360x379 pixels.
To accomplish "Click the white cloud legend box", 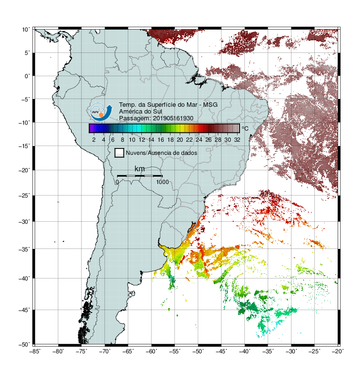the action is click(120, 153).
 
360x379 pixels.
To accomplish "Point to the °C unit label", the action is click(245, 128).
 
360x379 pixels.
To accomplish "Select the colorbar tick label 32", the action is click(237, 140).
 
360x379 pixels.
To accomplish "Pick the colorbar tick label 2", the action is click(94, 140).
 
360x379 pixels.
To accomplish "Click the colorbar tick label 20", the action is click(180, 140).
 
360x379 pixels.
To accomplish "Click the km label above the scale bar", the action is click(139, 169).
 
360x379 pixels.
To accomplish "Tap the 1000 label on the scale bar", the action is click(162, 182).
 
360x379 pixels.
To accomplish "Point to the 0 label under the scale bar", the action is click(117, 182).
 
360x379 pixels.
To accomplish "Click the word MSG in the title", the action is click(210, 105).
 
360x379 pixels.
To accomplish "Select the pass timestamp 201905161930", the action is click(173, 118).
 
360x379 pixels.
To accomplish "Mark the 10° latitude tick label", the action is click(26, 30).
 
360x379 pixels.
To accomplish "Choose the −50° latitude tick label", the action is click(24, 345).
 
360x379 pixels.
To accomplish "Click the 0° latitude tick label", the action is click(27, 76).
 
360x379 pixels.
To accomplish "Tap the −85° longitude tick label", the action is click(35, 351).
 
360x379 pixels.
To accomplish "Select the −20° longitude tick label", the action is click(338, 351).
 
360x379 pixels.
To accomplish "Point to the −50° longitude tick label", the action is click(198, 351).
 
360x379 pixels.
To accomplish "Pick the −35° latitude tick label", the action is click(24, 249).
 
